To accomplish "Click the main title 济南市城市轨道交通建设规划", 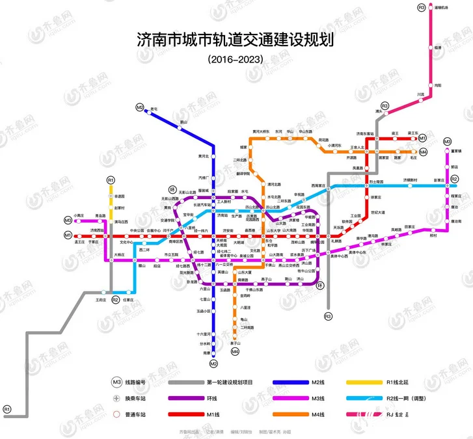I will (235, 40).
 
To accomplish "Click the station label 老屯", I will (154, 109).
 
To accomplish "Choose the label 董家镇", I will (455, 150).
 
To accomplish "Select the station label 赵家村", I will (119, 208).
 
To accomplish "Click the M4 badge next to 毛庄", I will (423, 152).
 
